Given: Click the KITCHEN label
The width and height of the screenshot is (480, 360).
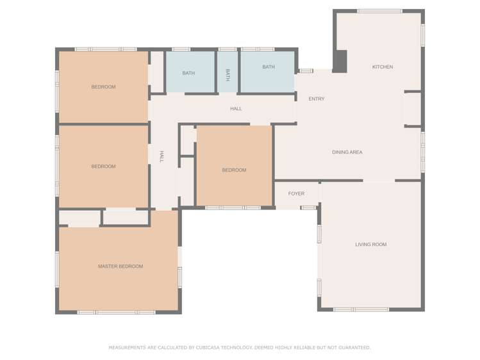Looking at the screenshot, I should coord(383,67).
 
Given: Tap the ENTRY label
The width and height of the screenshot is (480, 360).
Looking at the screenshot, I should coord(317,99).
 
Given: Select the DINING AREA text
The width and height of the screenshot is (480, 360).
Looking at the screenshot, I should coord(347,152).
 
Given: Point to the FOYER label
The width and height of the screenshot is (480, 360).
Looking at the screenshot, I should coord(296,193).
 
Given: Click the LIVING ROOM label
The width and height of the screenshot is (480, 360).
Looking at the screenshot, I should coord(371,245).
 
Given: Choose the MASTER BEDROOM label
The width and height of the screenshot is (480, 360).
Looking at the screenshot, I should coord(120,266).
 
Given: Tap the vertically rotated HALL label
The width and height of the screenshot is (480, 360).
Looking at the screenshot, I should coord(161,157).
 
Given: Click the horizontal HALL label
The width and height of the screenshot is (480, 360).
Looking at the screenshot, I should coord(236,109).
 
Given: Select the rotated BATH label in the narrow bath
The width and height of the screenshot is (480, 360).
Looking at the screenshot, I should coord(227,74).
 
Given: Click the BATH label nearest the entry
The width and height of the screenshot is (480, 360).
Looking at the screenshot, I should coord(269,67).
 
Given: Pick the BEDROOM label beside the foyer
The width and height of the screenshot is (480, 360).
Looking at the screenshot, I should coord(234,170).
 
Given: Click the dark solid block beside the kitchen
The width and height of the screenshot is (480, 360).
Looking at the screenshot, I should coord(340,61).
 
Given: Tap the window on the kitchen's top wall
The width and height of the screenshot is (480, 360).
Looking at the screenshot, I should coord(379,11).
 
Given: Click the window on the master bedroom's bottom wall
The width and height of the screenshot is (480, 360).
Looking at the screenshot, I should coord(116,313).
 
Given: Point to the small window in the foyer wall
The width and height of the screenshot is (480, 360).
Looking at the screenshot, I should coord(308,208).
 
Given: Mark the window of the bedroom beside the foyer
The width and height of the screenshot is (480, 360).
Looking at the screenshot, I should coord(233,208).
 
